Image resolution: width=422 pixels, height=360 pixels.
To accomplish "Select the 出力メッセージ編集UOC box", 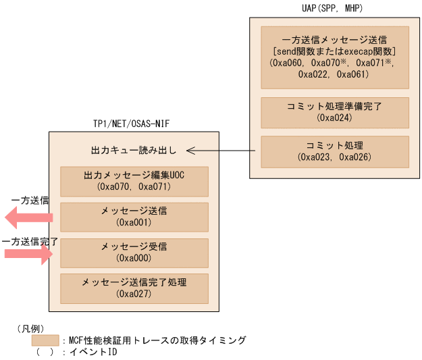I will [134, 181].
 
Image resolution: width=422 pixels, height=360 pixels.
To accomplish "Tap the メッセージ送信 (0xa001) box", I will [134, 216].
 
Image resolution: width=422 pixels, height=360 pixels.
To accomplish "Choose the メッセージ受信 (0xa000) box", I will [134, 252].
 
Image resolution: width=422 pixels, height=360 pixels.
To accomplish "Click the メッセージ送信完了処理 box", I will [134, 288].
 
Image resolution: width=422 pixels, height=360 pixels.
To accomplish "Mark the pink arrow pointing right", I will [28, 253].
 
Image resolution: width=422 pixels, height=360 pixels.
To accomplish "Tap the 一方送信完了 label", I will [28, 240].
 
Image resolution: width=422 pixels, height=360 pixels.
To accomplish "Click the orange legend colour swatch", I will [45, 340].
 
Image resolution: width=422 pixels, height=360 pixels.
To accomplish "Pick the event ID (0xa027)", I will [134, 294].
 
